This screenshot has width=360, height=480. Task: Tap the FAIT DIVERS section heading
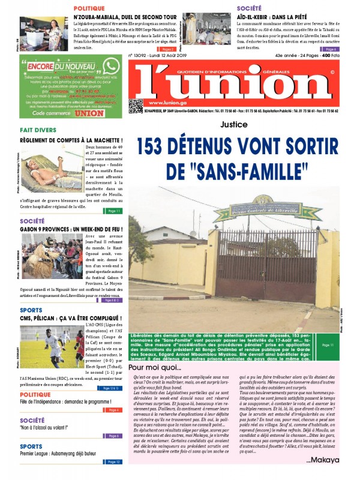click(x=38, y=130)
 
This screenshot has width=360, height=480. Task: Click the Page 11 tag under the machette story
click(x=114, y=211)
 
